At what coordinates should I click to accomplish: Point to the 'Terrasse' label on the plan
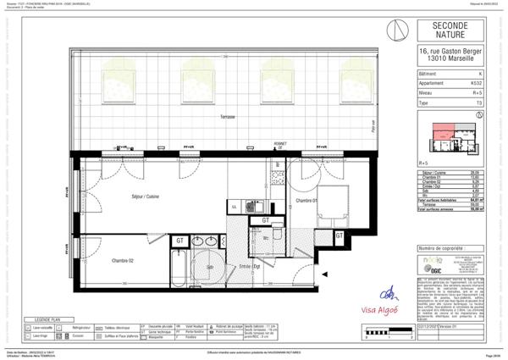[224, 116]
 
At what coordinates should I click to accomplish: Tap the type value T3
[479, 102]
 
